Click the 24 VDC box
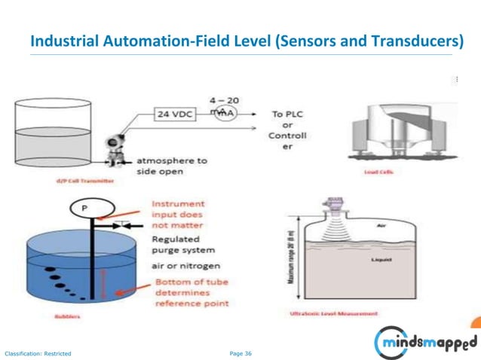175,114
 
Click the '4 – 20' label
224,99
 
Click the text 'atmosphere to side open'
171,166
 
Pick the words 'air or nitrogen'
185,265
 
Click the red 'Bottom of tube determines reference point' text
191,292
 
